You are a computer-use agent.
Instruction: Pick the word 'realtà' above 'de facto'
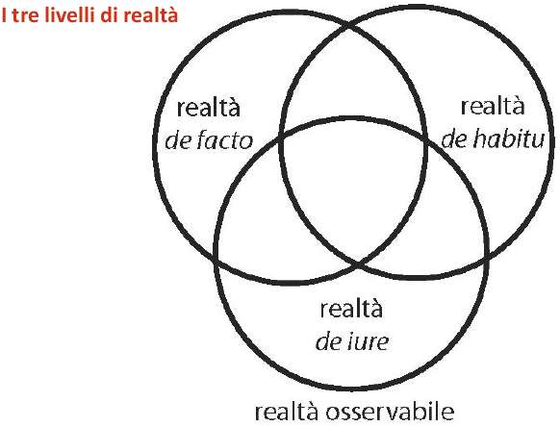208,108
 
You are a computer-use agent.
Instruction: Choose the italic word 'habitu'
509,138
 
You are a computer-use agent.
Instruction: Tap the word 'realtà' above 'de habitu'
493,106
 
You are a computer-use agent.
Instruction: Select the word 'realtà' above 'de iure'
351,309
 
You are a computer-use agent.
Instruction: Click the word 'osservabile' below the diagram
390,412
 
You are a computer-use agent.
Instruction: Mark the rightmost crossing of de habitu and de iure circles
487,257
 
